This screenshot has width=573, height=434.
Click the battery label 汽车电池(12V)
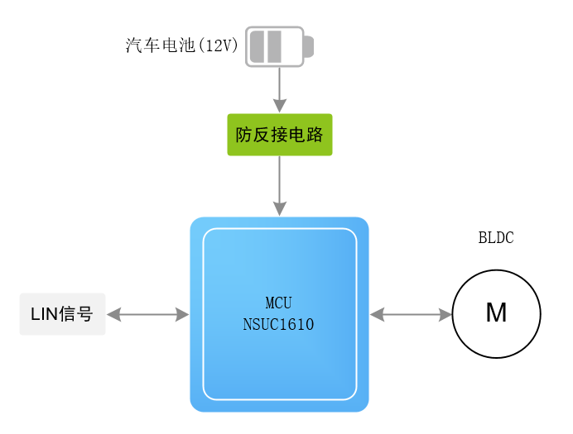pos(181,46)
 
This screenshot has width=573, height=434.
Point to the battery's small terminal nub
pos(308,47)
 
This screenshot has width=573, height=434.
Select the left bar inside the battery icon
pos(257,47)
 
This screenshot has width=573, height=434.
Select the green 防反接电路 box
pos(280,135)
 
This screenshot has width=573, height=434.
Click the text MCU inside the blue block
pos(278,303)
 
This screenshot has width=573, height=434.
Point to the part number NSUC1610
pos(278,324)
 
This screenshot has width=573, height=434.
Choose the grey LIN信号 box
pos(63,314)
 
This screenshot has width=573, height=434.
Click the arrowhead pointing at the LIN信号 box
pos(114,314)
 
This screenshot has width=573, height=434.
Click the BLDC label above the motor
pos(496,238)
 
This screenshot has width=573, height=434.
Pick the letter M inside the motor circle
pos(496,313)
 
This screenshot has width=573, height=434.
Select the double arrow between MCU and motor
pos(411,314)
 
